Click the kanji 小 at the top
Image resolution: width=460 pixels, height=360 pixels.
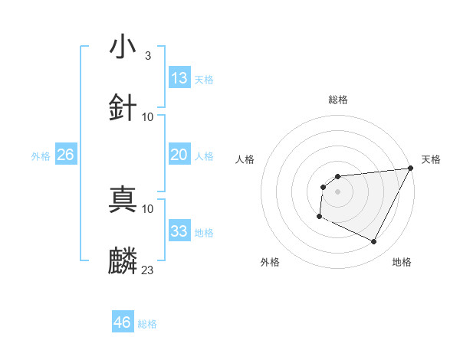coord(123,47)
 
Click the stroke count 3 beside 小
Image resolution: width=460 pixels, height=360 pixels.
coord(147,56)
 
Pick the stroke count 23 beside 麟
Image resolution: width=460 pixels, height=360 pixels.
coord(147,270)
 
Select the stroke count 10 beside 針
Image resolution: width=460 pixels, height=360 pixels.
coord(147,116)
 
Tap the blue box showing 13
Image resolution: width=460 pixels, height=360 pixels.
coord(179,78)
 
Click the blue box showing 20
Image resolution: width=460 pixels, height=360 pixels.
coord(179,155)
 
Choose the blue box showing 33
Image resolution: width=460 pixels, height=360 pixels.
coord(179,231)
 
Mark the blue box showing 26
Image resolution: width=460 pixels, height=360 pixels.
coord(65,155)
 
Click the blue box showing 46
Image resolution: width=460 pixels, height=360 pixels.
coord(122,322)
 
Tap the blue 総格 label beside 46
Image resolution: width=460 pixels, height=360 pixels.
coord(147,324)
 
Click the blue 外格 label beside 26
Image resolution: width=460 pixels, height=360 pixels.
coord(41,156)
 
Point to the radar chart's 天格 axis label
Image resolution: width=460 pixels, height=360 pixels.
coord(431,159)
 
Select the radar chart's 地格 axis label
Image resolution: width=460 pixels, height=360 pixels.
coord(402,262)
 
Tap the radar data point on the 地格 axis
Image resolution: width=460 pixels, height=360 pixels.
coord(374,242)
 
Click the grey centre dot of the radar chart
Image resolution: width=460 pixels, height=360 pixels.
coord(337,191)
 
